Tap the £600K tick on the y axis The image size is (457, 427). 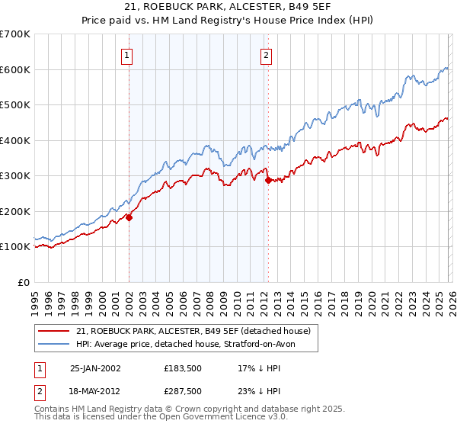(x=15, y=69)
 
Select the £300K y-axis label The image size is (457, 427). (x=15, y=175)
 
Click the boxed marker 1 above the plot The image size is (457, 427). (x=126, y=54)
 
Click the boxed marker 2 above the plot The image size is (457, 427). (x=266, y=54)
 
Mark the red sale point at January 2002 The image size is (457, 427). (x=129, y=217)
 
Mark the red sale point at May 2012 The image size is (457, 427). (x=268, y=181)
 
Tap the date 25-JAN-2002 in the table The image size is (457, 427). (x=95, y=368)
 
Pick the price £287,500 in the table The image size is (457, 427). (x=183, y=390)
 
